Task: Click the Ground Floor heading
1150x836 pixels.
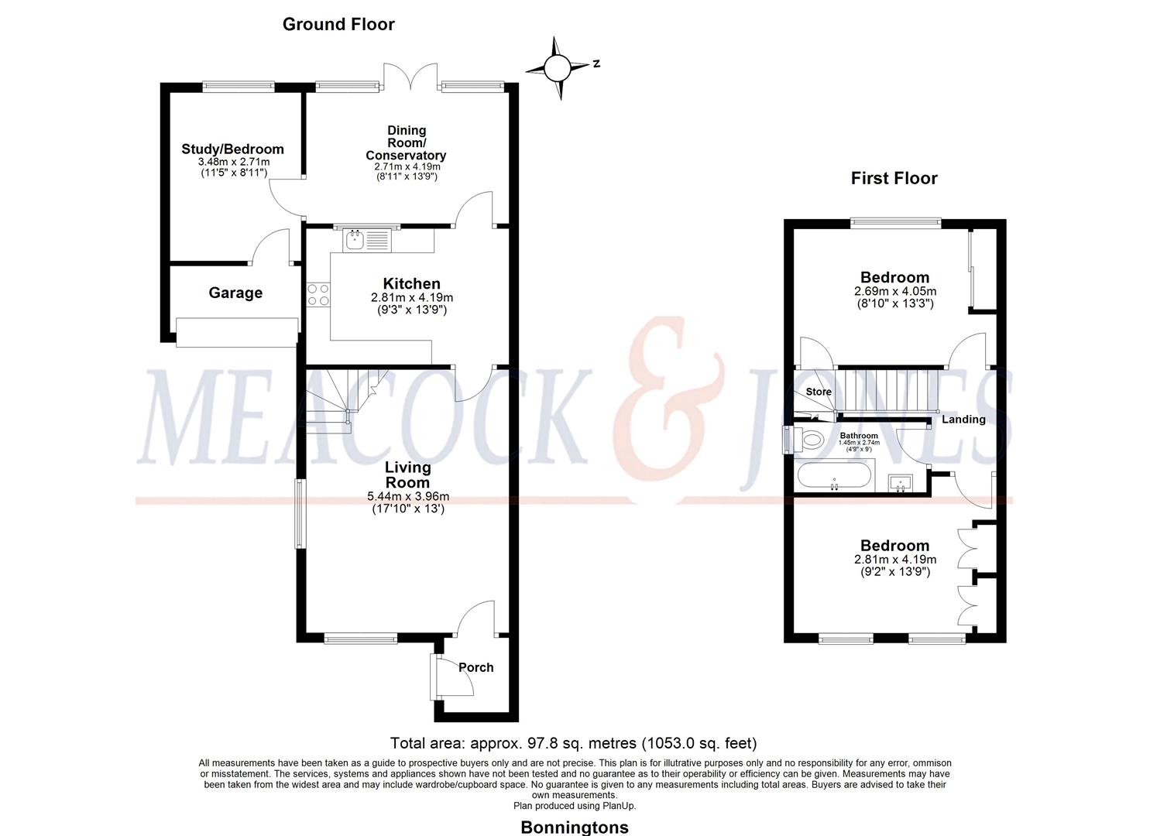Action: click(x=338, y=24)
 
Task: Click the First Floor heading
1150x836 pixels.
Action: click(x=894, y=178)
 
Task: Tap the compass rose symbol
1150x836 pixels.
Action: click(x=557, y=69)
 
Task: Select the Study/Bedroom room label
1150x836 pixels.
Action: click(x=232, y=149)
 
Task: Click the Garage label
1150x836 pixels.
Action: click(x=235, y=293)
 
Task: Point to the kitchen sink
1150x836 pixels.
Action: click(x=356, y=240)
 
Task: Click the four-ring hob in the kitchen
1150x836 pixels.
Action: click(x=318, y=295)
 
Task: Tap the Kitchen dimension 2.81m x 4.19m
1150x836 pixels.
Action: click(x=411, y=297)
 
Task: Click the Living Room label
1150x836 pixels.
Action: click(x=408, y=475)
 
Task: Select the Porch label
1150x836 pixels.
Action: click(x=475, y=667)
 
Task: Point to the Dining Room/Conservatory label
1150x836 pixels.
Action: click(x=406, y=143)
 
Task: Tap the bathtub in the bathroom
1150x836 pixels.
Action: click(x=834, y=475)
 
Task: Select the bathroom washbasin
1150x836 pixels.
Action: click(x=901, y=483)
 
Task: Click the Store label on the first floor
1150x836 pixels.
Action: click(x=818, y=392)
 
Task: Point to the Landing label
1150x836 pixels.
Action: click(x=963, y=420)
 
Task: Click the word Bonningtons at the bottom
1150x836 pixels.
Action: click(x=574, y=827)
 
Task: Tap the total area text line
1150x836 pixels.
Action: click(x=573, y=743)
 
